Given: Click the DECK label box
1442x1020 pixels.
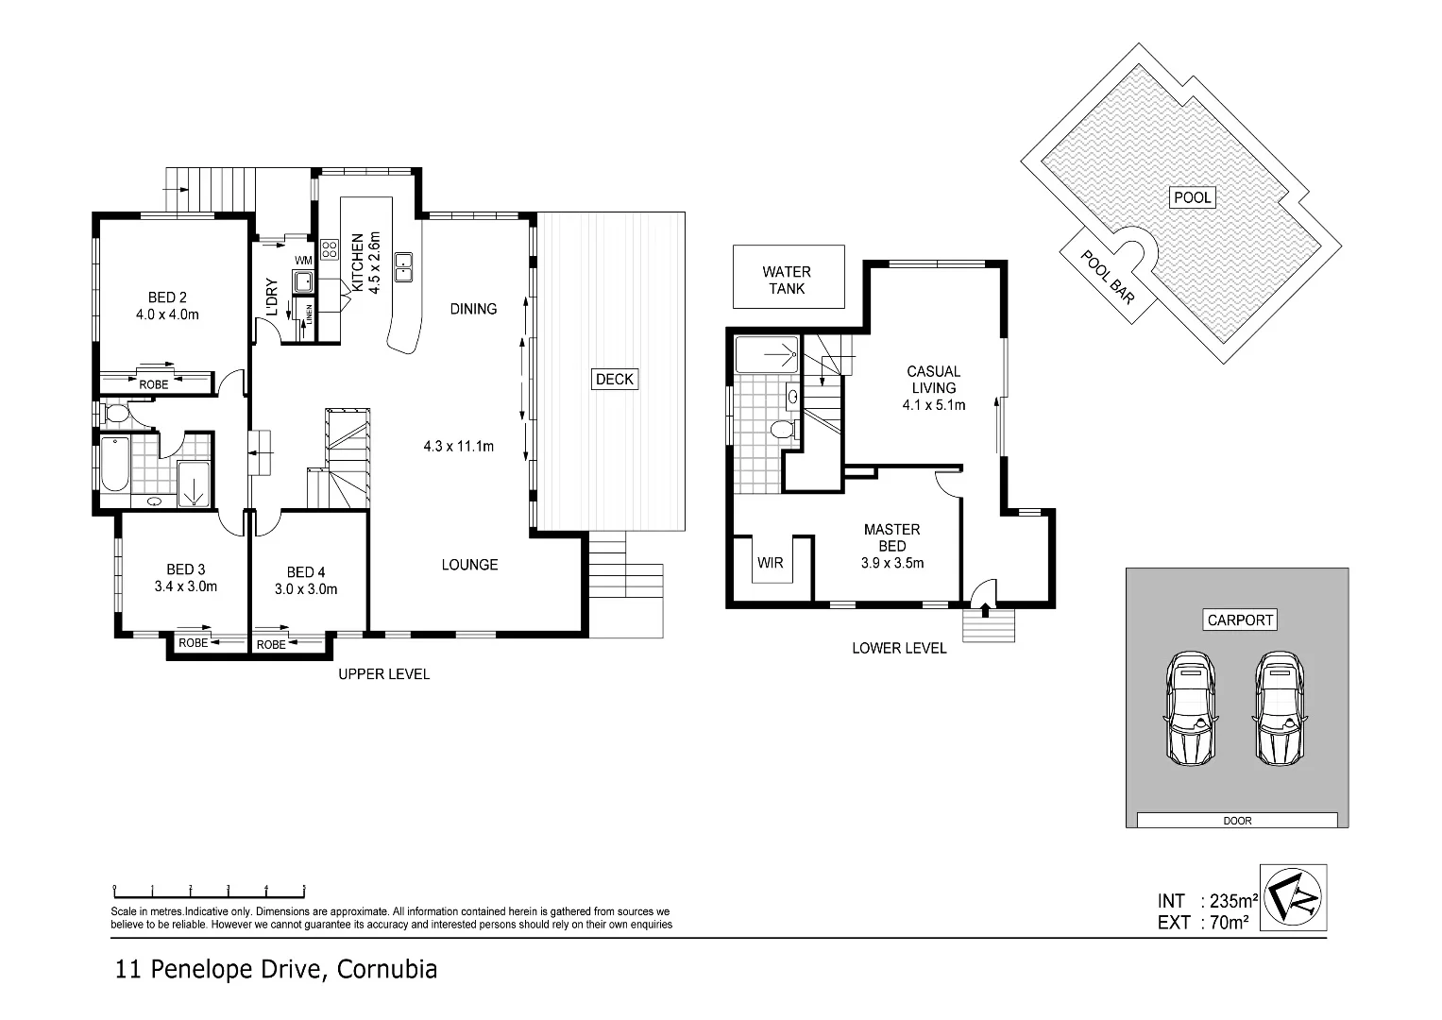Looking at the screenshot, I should tap(615, 379).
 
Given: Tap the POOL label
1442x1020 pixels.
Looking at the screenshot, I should tap(1192, 197).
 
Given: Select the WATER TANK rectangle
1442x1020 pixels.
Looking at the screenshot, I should tap(788, 279).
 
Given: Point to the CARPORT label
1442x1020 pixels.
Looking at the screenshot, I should tap(1240, 620).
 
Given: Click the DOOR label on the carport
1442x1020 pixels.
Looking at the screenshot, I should tap(1236, 821).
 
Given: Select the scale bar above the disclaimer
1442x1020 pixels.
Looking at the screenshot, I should tap(209, 889).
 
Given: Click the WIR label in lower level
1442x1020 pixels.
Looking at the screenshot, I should tap(770, 563).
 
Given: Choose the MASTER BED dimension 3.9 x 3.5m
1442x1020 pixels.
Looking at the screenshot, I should tap(891, 563).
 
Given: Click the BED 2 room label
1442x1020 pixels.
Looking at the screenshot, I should tap(167, 297).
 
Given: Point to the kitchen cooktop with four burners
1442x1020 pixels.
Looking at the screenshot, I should tap(330, 250).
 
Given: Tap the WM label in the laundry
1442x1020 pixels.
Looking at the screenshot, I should tap(303, 261).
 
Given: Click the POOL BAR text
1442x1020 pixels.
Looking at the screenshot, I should tap(1107, 276).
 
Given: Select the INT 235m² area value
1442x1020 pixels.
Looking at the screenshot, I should tap(1228, 901).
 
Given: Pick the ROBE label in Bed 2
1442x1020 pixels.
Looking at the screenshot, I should tap(154, 384).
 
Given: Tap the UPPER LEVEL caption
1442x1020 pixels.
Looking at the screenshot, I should tap(383, 674).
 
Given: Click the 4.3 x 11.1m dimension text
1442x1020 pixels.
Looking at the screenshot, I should tap(458, 446).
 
